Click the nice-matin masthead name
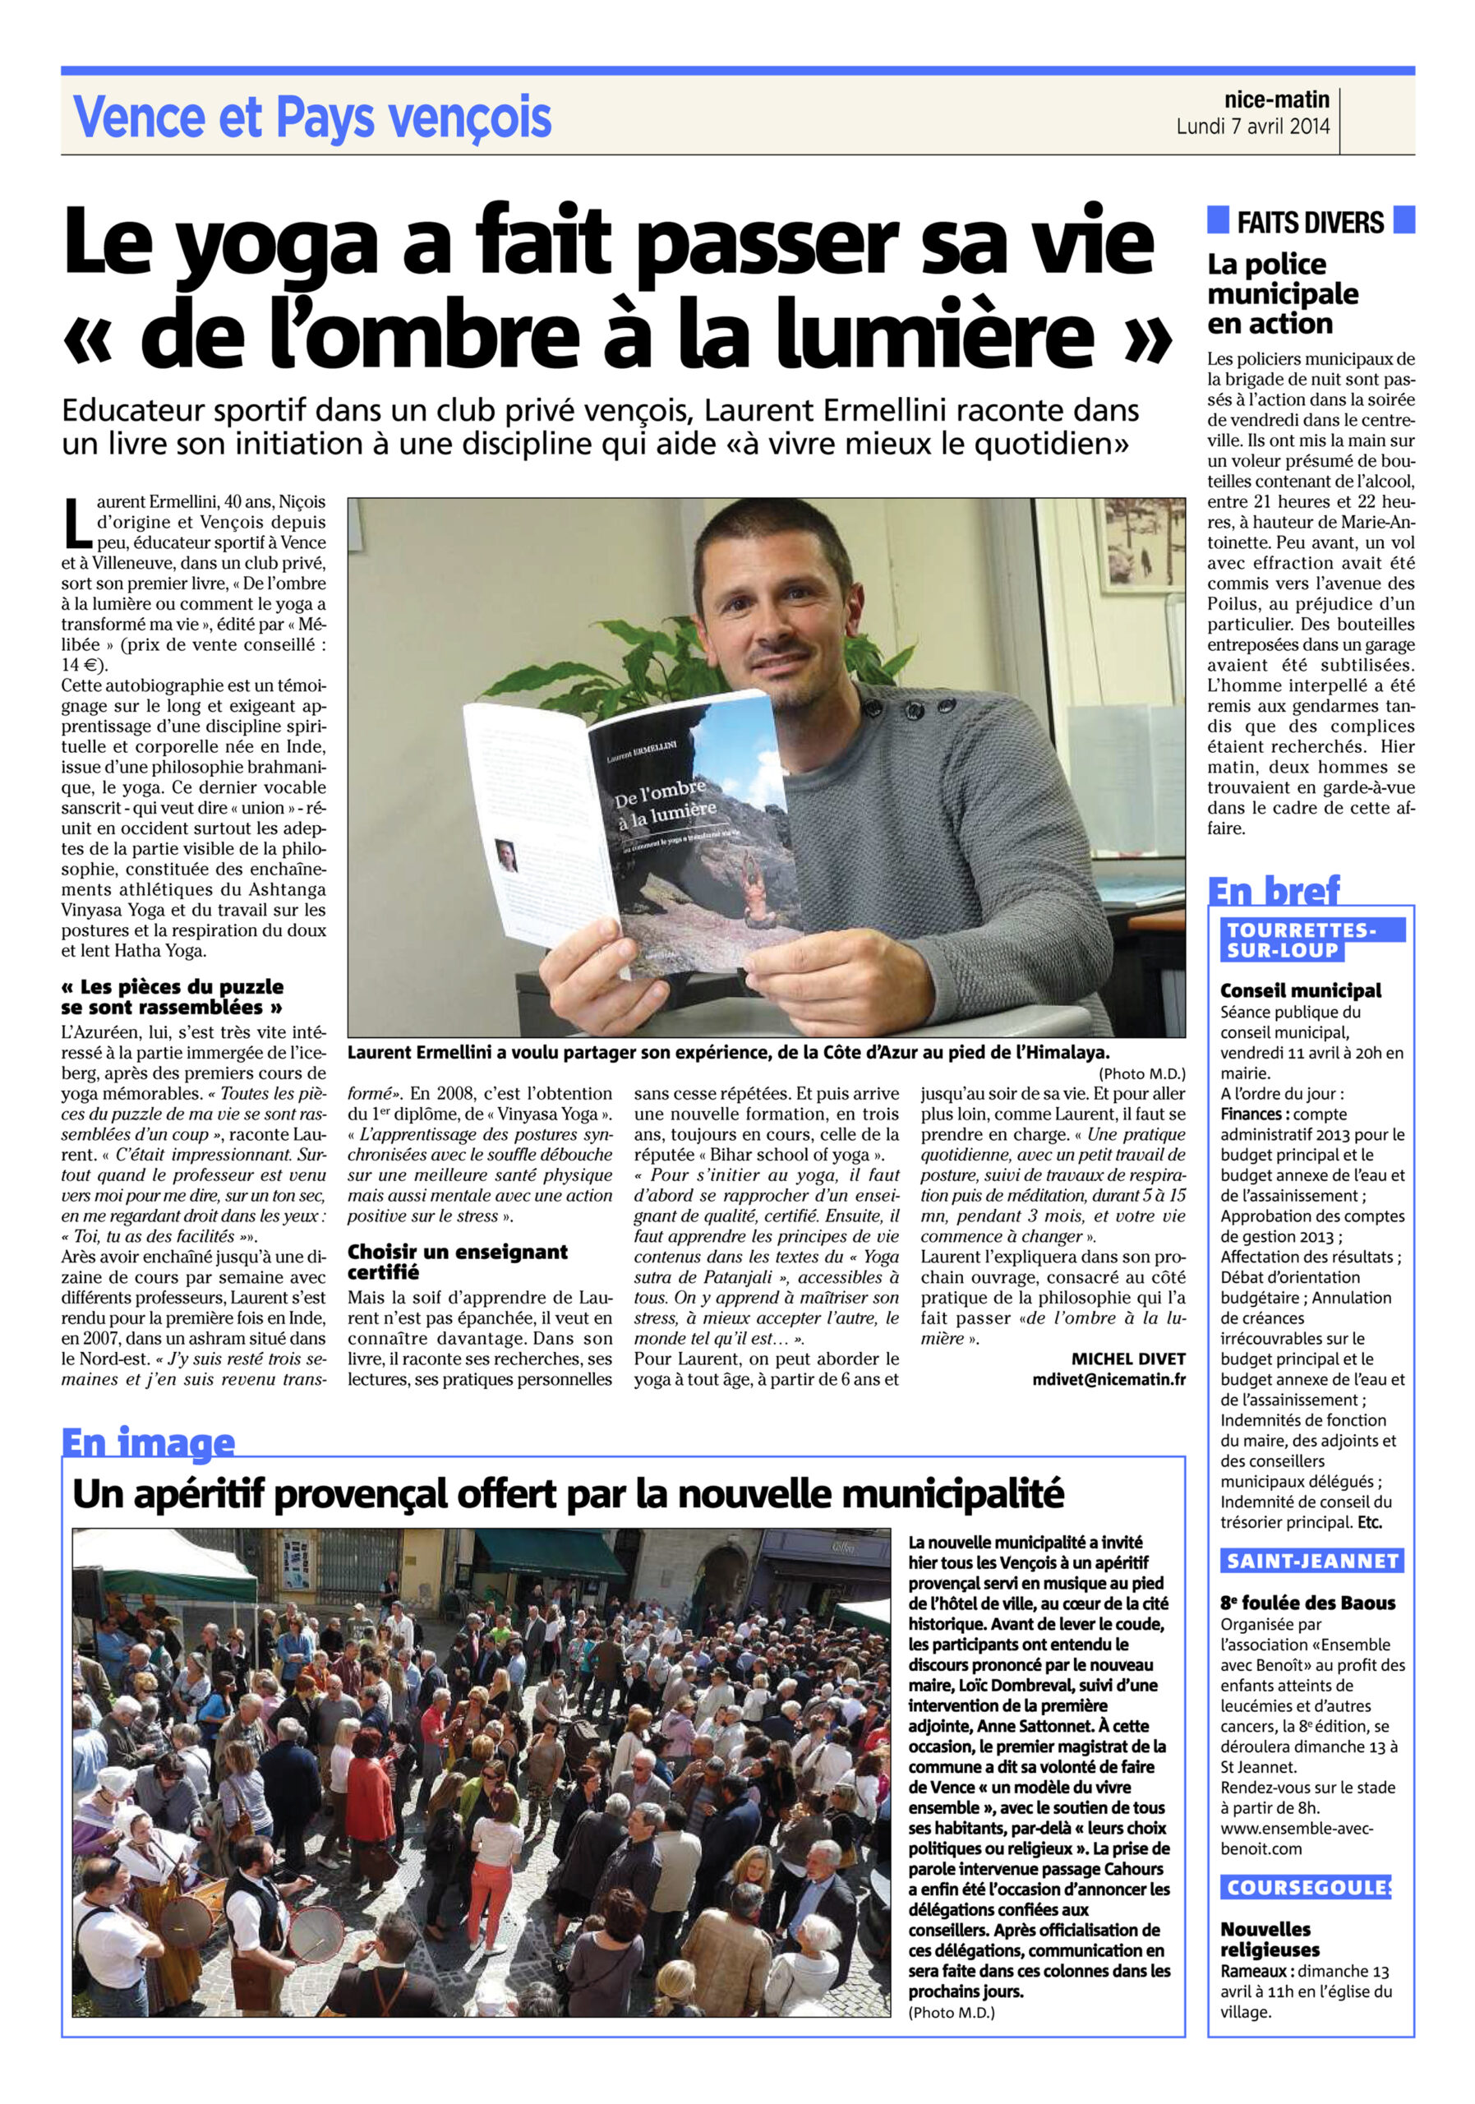[x=1276, y=99]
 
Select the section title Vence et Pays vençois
[x=311, y=118]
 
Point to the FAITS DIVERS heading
[x=1309, y=222]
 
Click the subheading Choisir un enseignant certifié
[x=456, y=1261]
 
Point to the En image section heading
[x=148, y=1442]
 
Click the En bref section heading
[x=1273, y=890]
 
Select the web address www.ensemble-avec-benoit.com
[x=1295, y=1839]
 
